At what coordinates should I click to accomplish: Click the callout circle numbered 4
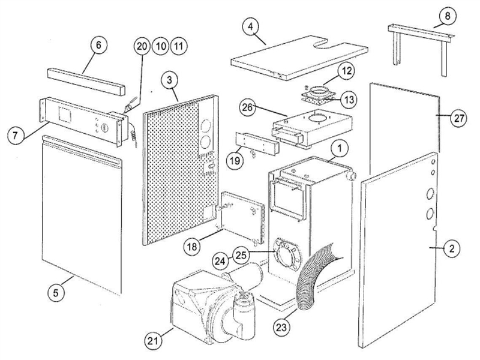(x=251, y=27)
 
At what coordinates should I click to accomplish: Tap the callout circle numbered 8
(x=448, y=16)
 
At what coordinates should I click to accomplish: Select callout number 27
(x=459, y=118)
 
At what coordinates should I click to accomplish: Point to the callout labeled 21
(x=154, y=341)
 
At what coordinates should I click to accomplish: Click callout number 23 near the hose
(x=281, y=327)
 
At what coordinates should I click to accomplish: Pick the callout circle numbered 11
(x=179, y=47)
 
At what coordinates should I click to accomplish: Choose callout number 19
(x=235, y=160)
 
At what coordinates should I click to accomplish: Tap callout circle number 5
(x=56, y=293)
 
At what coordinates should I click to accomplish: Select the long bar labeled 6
(x=86, y=81)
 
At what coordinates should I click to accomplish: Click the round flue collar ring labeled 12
(x=318, y=91)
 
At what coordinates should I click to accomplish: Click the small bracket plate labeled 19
(x=258, y=143)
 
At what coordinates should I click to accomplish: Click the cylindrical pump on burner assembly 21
(x=245, y=316)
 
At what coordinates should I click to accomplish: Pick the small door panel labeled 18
(x=242, y=218)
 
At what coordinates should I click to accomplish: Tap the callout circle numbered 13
(x=349, y=99)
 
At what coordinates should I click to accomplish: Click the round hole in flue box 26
(x=319, y=118)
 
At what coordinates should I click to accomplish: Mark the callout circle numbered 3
(x=170, y=80)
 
